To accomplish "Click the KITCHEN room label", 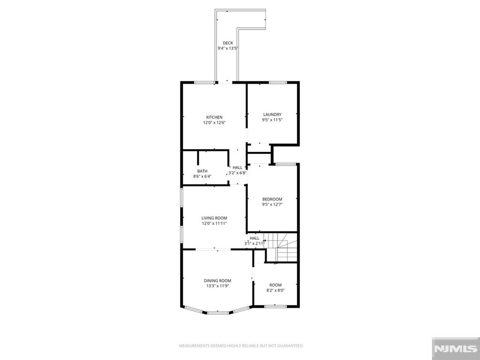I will tap(214, 117).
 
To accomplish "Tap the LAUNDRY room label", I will tap(272, 114).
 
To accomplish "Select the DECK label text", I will tap(228, 43).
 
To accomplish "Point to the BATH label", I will tap(202, 171).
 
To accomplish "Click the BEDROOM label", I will tap(272, 199).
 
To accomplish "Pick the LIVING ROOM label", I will tap(214, 218).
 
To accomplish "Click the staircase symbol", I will tap(286, 247).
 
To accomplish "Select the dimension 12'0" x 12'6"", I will tap(214, 123).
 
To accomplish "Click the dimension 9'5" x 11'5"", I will tap(272, 120).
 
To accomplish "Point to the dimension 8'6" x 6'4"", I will tap(202, 177).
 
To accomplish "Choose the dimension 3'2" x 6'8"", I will tap(238, 173).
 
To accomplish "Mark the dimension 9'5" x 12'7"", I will tap(272, 205).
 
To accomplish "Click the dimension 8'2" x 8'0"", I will tap(275, 291).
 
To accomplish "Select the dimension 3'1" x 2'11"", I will tap(255, 244).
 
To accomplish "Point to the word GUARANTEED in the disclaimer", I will tap(291, 346).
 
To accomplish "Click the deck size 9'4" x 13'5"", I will tap(228, 49).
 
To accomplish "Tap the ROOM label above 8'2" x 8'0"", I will tap(275, 285).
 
